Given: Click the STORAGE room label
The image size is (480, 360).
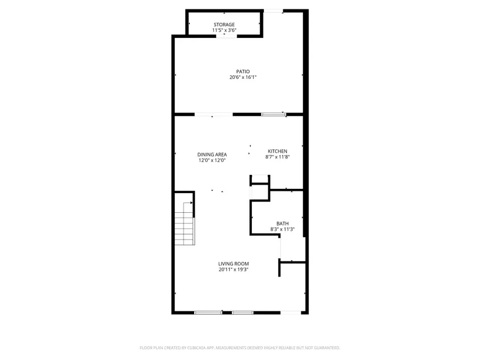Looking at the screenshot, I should click(x=224, y=25).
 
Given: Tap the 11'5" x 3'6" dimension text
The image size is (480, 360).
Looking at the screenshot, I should click(x=224, y=30).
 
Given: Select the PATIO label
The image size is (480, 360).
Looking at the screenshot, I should click(x=243, y=71).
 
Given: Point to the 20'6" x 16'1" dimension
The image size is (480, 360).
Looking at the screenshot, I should click(x=243, y=77).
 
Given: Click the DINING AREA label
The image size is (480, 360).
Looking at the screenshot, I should click(x=213, y=155).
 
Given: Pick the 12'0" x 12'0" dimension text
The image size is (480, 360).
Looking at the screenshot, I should click(x=213, y=161).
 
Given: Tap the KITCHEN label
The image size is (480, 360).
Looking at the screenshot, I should click(x=277, y=151).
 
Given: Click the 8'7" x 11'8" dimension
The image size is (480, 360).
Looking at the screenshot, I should click(x=277, y=157).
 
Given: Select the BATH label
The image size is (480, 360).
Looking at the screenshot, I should click(x=282, y=223).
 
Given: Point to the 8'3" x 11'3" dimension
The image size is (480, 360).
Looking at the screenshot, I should click(x=282, y=229).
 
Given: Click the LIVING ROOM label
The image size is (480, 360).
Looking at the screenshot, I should click(x=234, y=263).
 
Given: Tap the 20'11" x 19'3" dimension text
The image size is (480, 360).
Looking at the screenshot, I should click(x=234, y=269).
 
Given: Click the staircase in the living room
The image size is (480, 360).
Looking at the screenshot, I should click(x=184, y=224).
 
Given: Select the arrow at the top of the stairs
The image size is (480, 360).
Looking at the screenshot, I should click(x=190, y=203).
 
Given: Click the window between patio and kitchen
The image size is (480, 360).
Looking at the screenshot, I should click(x=274, y=114).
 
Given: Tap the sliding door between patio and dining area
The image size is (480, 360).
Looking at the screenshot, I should click(x=213, y=114).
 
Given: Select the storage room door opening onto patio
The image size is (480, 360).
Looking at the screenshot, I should click(x=224, y=36).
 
